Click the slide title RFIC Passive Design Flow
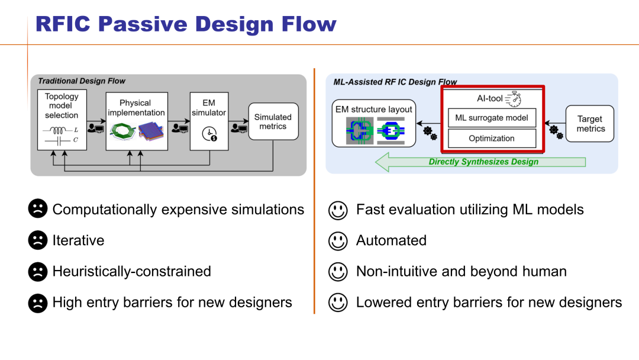click(x=186, y=24)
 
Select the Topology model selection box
click(x=62, y=120)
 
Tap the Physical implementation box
click(x=137, y=121)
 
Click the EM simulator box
click(x=209, y=121)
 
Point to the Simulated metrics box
click(x=273, y=121)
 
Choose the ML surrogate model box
click(x=492, y=118)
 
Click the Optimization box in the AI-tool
click(x=492, y=139)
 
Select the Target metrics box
click(x=590, y=124)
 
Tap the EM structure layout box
click(x=373, y=124)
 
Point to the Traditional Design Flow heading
click(x=82, y=81)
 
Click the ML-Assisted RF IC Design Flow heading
click(x=395, y=82)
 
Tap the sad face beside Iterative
click(x=37, y=240)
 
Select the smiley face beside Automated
click(x=338, y=240)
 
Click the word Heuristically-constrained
click(x=131, y=271)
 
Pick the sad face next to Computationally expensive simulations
click(x=37, y=209)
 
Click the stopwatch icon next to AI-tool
click(x=512, y=98)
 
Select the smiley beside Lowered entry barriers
click(x=338, y=303)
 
